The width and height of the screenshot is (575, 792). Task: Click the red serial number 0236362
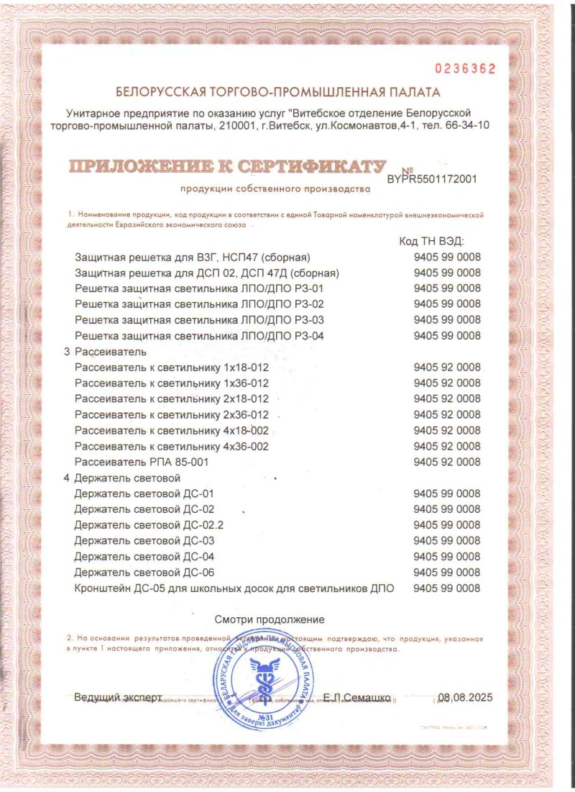(465, 69)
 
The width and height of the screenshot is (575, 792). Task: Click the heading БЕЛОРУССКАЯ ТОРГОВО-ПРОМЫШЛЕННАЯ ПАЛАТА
(277, 92)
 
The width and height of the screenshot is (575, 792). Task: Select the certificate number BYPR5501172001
(431, 179)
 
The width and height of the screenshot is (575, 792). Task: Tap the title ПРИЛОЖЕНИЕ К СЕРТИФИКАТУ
(227, 167)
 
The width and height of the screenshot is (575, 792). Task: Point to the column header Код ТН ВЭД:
(431, 241)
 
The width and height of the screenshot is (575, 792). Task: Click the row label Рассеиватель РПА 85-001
(142, 462)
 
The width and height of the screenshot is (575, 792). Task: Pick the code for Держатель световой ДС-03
(447, 540)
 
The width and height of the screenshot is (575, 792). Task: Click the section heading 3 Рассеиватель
(106, 352)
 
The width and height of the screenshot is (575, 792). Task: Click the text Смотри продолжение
(270, 619)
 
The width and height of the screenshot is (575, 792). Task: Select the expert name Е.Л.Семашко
(356, 698)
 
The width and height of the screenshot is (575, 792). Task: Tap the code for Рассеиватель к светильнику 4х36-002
(447, 446)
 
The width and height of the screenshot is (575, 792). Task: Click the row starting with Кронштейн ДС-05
(234, 588)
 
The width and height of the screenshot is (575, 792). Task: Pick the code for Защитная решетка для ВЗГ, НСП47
(447, 258)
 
